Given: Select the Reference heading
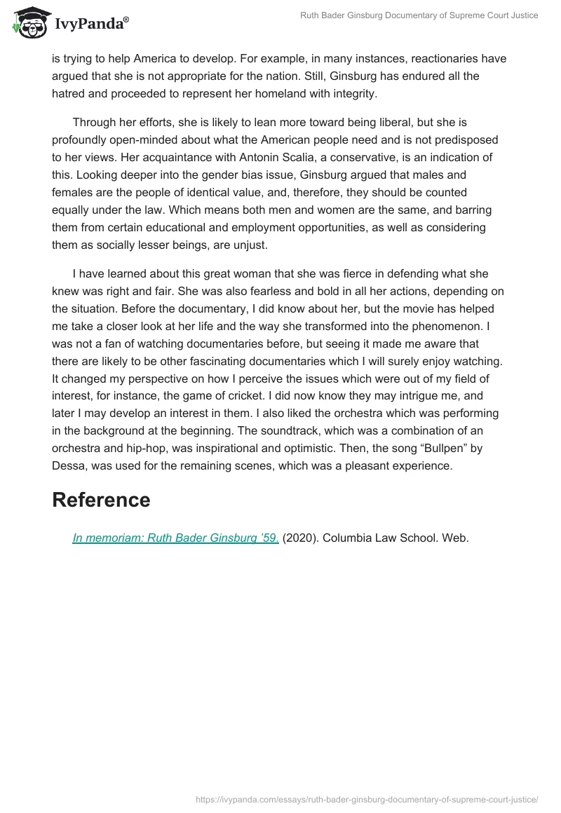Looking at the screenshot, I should [101, 500].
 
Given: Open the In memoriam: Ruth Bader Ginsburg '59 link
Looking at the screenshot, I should [176, 538].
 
